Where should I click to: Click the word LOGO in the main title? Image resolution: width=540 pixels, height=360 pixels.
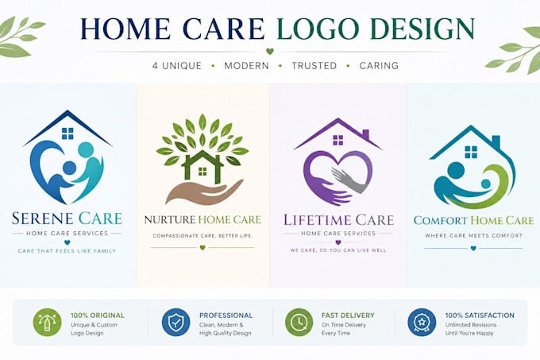[321, 29]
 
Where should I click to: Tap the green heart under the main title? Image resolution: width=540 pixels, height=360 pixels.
[270, 52]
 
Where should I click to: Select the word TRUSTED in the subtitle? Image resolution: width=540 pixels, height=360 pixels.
[314, 65]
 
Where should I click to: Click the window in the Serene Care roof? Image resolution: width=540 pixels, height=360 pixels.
[67, 134]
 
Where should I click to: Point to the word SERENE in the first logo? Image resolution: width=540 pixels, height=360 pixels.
[43, 219]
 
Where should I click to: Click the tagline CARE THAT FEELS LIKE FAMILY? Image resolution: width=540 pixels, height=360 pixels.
[67, 251]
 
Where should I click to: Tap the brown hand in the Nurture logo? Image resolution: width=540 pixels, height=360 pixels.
[204, 192]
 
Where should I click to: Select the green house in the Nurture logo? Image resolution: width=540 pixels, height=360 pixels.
[202, 167]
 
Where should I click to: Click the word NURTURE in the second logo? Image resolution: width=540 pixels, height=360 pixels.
[170, 220]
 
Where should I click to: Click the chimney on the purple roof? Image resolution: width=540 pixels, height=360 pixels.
[366, 134]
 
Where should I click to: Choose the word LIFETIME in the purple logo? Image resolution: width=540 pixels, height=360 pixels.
[317, 220]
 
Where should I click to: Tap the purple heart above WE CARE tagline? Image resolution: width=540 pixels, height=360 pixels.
[338, 242]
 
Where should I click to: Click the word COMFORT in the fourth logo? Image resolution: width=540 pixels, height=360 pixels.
[441, 220]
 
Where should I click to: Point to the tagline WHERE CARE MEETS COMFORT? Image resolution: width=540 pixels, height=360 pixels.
[473, 236]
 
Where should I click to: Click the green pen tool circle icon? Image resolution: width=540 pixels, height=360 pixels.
[47, 323]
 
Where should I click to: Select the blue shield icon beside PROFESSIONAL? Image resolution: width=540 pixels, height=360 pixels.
[175, 323]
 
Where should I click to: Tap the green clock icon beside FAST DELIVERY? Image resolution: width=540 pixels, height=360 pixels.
[299, 323]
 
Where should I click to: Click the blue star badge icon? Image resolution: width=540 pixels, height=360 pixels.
[422, 323]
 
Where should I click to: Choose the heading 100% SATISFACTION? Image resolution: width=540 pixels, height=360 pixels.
[480, 315]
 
